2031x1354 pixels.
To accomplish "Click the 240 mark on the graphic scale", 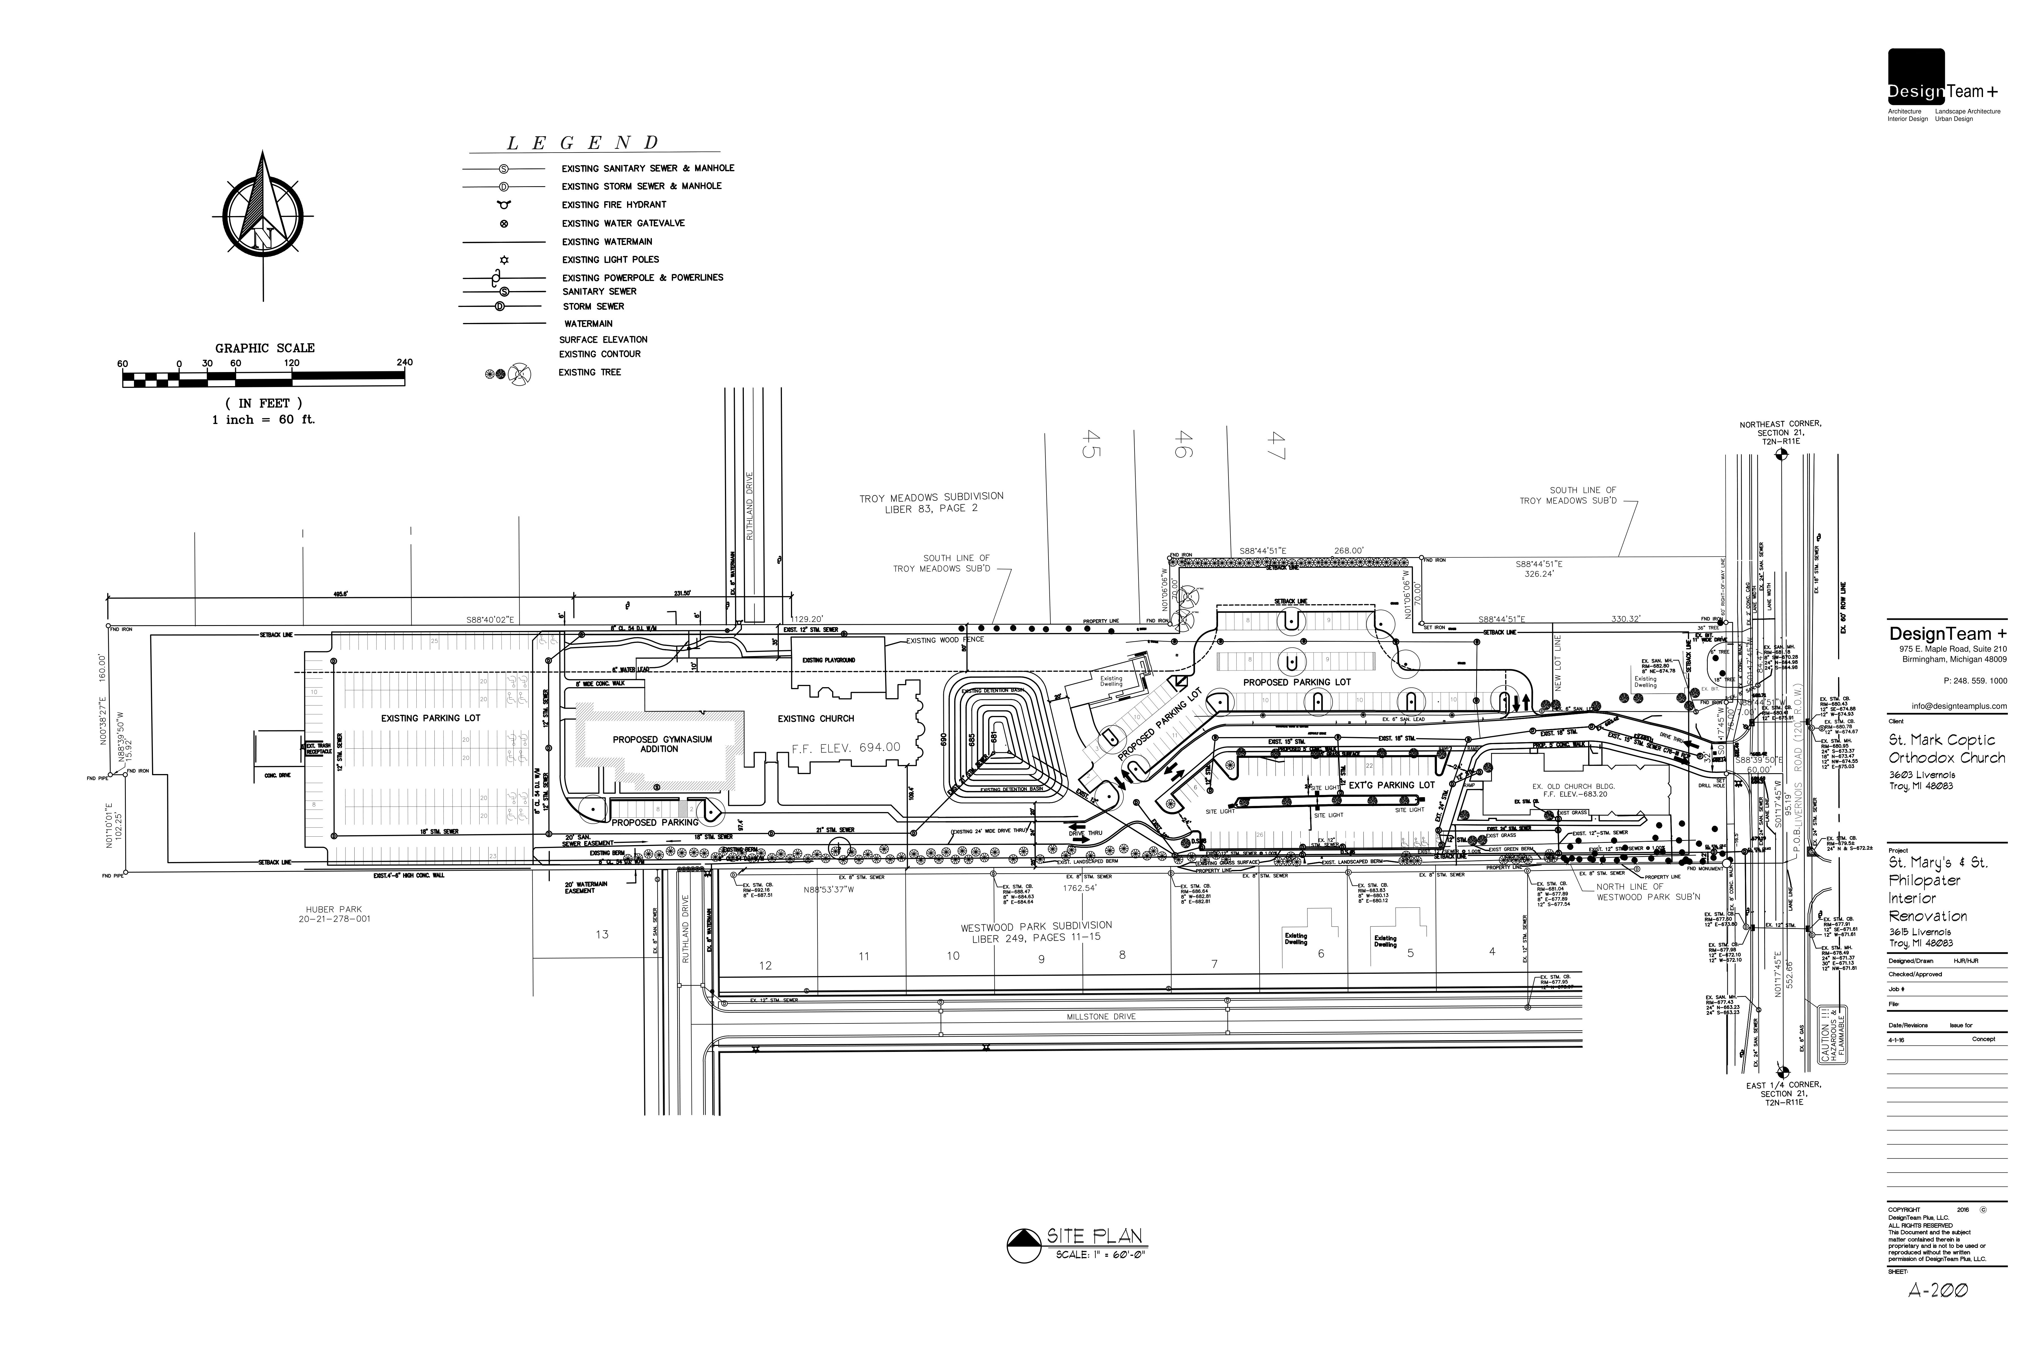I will click(404, 363).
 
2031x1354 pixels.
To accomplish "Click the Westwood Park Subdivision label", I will click(1036, 931).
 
